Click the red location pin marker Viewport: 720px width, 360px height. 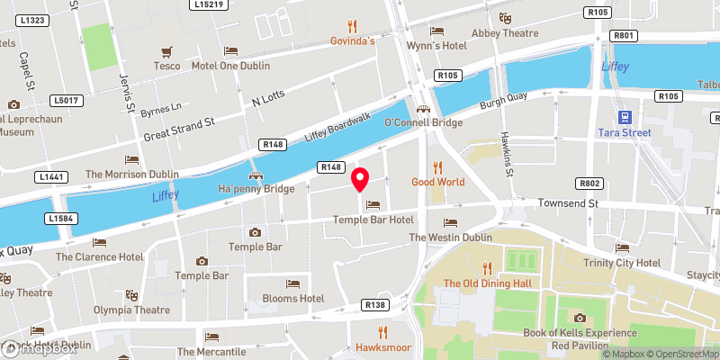pyautogui.click(x=360, y=179)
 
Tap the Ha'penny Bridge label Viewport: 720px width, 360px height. pyautogui.click(x=256, y=189)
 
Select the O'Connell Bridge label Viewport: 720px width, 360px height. pyautogui.click(x=423, y=122)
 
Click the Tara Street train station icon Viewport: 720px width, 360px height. pyautogui.click(x=624, y=116)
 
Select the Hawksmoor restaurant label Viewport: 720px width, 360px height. pyautogui.click(x=382, y=346)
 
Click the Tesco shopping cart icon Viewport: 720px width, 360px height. pyautogui.click(x=166, y=50)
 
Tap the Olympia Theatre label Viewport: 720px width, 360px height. pyautogui.click(x=131, y=310)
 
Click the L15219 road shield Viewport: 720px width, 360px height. pyautogui.click(x=209, y=4)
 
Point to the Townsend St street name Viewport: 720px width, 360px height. pyautogui.click(x=569, y=204)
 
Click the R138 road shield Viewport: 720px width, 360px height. pyautogui.click(x=375, y=306)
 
